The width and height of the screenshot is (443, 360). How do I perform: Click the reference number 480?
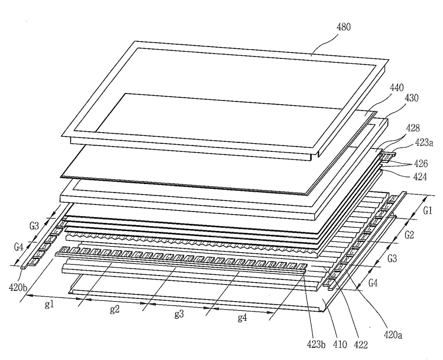pyautogui.click(x=344, y=27)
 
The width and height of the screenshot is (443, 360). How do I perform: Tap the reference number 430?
pyautogui.click(x=411, y=98)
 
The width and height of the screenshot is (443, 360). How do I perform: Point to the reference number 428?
pyautogui.click(x=412, y=128)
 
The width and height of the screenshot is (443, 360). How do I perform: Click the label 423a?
pyautogui.click(x=424, y=143)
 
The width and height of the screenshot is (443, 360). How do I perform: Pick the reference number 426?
pyautogui.click(x=421, y=164)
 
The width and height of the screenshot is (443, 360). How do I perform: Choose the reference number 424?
pyautogui.click(x=420, y=176)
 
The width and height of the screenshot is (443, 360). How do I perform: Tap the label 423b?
pyautogui.click(x=315, y=345)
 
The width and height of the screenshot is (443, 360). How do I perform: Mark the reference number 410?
pyautogui.click(x=340, y=345)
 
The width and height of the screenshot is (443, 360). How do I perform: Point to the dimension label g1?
pyautogui.click(x=49, y=304)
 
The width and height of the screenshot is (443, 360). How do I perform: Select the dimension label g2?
pyautogui.click(x=115, y=309)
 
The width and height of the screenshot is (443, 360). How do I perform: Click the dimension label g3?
pyautogui.click(x=179, y=314)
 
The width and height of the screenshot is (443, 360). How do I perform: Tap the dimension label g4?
pyautogui.click(x=242, y=317)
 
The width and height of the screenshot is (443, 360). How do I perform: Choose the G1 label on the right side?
pyautogui.click(x=428, y=211)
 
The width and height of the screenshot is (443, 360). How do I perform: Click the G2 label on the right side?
pyautogui.click(x=409, y=235)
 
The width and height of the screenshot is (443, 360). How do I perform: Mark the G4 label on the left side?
pyautogui.click(x=19, y=246)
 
